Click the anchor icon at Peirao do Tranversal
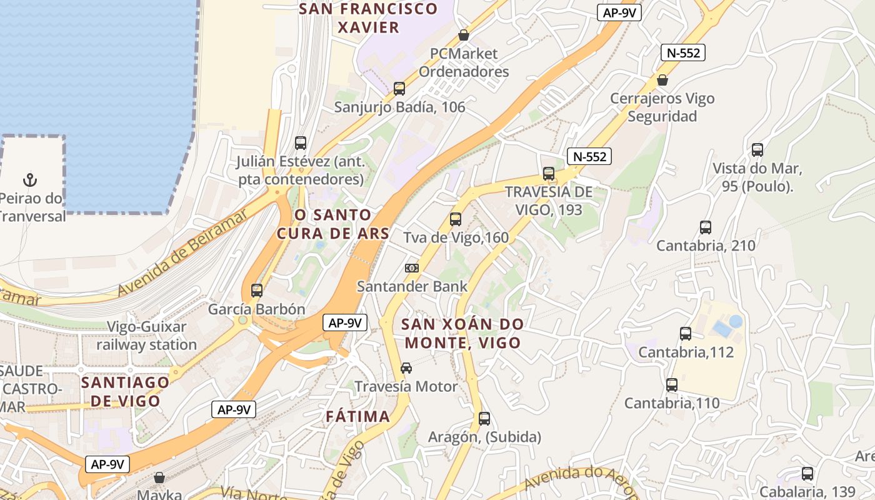click(30, 180)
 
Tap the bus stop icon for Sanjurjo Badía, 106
click(399, 89)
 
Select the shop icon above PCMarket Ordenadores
click(464, 35)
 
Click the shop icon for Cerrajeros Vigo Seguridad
click(662, 80)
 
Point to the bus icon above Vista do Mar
click(757, 150)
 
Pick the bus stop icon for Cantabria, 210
click(706, 227)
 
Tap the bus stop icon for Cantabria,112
click(686, 334)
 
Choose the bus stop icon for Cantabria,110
click(672, 385)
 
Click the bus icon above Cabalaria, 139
click(807, 474)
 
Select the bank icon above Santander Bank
click(412, 268)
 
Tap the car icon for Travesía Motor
click(406, 368)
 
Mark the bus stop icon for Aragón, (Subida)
click(484, 419)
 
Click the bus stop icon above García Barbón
click(257, 291)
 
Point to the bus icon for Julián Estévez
click(301, 143)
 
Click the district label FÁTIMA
click(358, 416)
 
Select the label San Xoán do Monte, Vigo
click(462, 333)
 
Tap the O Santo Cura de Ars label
click(333, 224)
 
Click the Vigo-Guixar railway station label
click(147, 336)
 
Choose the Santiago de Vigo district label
click(125, 391)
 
